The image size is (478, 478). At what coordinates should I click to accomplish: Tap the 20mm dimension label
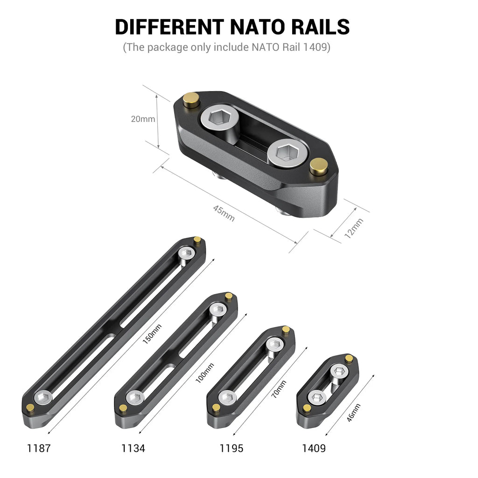point(142,119)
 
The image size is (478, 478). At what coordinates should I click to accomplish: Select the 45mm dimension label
point(224,213)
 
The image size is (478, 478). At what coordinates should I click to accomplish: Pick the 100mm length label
point(202,373)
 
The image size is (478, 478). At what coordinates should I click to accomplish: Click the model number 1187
point(39,449)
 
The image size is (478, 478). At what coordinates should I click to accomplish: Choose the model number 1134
point(133,449)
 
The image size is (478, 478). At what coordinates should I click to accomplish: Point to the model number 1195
point(232,449)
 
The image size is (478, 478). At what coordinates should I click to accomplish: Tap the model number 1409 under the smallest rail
point(314,449)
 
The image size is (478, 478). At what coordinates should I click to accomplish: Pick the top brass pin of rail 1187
point(197,240)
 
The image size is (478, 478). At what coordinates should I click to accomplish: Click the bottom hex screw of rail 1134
point(135,398)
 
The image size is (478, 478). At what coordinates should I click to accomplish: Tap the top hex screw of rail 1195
point(274,345)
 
